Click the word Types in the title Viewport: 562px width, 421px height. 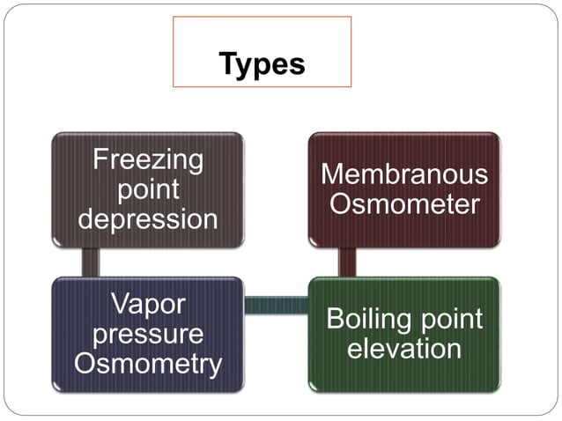tap(262, 63)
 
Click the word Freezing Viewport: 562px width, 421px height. tap(148, 160)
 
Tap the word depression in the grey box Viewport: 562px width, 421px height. tap(148, 218)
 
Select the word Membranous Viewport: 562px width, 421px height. tap(404, 174)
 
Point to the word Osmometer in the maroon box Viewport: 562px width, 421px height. tap(404, 204)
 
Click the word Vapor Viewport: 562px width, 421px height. tap(148, 305)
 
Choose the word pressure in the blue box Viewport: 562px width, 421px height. tap(148, 334)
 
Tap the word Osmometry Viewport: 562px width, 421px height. tap(148, 363)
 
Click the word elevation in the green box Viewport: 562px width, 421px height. tap(404, 349)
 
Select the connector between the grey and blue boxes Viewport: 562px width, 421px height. tap(89, 262)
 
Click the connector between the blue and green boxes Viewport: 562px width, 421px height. tap(276, 305)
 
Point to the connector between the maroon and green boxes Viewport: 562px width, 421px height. tap(347, 262)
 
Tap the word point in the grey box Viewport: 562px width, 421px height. tap(148, 189)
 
